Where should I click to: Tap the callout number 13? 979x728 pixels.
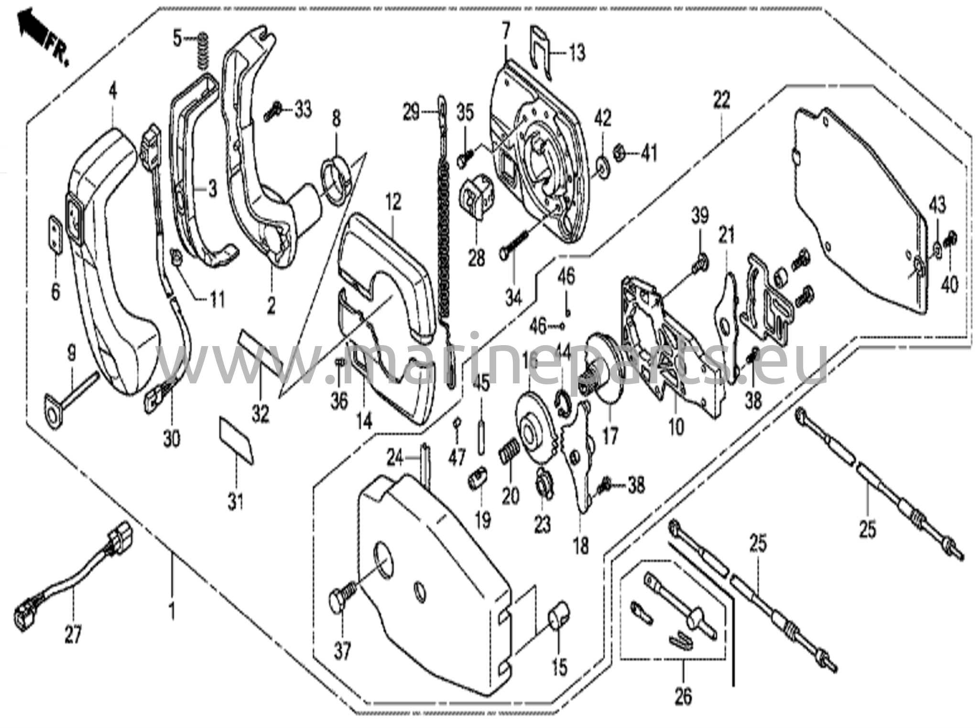coord(577,52)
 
